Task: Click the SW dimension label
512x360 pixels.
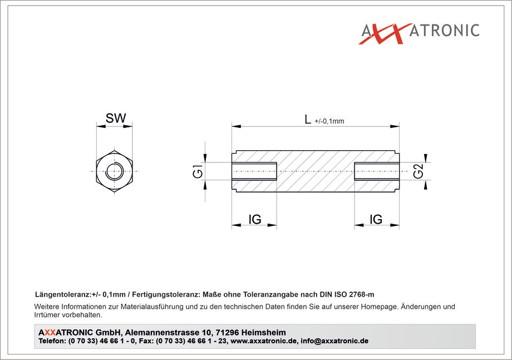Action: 116,118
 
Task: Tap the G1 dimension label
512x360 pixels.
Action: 198,171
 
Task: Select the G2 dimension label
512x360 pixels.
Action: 419,171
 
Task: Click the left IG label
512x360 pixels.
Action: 255,220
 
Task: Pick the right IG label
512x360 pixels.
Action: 376,220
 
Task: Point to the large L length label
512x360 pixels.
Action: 308,119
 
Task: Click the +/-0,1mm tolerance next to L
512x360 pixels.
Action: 329,121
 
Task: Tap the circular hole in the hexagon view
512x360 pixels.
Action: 114,171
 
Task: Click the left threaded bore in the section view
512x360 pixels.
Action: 254,171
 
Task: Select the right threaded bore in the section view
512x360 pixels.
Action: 377,171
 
